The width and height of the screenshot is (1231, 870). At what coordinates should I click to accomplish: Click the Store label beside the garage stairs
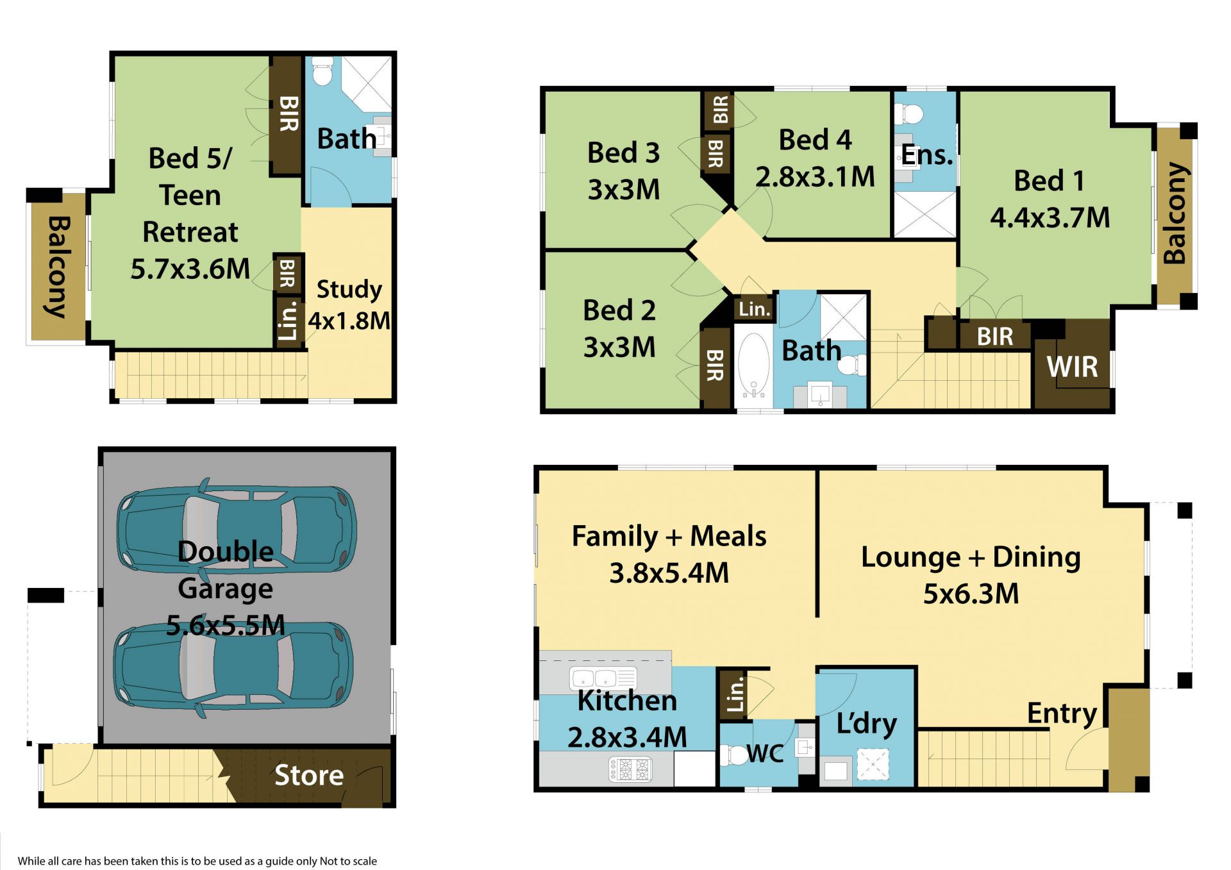click(x=309, y=775)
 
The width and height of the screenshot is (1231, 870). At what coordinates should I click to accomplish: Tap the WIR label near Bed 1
click(x=1072, y=367)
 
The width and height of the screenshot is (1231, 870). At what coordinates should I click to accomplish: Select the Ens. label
click(x=927, y=155)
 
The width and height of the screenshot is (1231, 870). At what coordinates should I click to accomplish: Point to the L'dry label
click(x=866, y=723)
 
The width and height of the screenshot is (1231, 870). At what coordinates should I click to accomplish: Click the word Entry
click(x=1062, y=714)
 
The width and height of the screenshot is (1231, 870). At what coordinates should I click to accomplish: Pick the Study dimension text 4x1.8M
click(x=349, y=321)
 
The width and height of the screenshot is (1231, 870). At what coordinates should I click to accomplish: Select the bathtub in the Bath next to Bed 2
click(x=753, y=366)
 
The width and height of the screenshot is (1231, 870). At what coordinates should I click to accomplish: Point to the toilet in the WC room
click(x=732, y=755)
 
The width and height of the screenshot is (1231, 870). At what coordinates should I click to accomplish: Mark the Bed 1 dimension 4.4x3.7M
click(x=1050, y=218)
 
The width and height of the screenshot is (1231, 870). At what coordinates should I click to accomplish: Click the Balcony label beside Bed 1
click(x=1175, y=213)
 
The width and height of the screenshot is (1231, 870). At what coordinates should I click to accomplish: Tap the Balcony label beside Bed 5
click(x=58, y=267)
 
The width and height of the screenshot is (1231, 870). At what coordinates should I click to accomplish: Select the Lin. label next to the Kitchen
click(x=735, y=694)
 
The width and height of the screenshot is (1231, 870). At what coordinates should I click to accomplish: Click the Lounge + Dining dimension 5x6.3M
click(x=971, y=594)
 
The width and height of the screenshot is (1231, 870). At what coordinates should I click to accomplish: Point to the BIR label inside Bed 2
click(x=714, y=365)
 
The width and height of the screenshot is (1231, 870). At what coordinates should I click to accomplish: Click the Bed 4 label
click(x=815, y=140)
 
